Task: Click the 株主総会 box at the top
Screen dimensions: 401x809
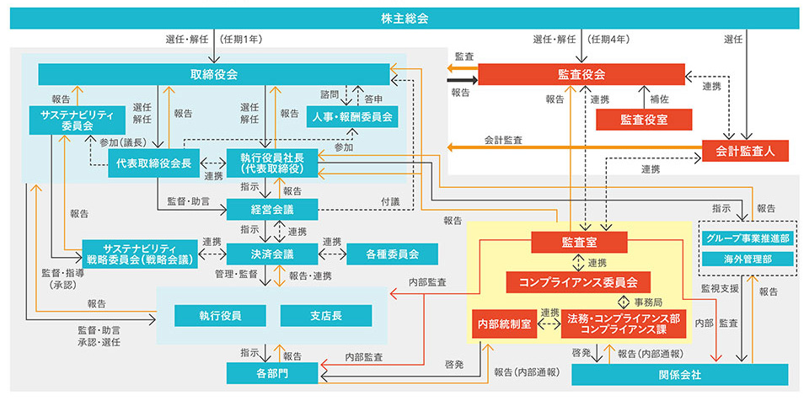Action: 404,17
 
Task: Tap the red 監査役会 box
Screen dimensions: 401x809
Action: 581,74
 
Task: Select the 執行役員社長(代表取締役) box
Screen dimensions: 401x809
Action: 271,163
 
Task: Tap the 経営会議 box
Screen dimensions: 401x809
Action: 271,209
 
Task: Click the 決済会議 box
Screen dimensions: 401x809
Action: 271,253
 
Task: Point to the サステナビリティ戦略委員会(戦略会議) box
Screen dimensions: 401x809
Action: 139,253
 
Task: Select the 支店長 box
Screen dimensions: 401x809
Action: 325,315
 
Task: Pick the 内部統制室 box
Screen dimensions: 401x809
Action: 503,323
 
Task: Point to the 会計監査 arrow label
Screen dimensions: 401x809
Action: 503,140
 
